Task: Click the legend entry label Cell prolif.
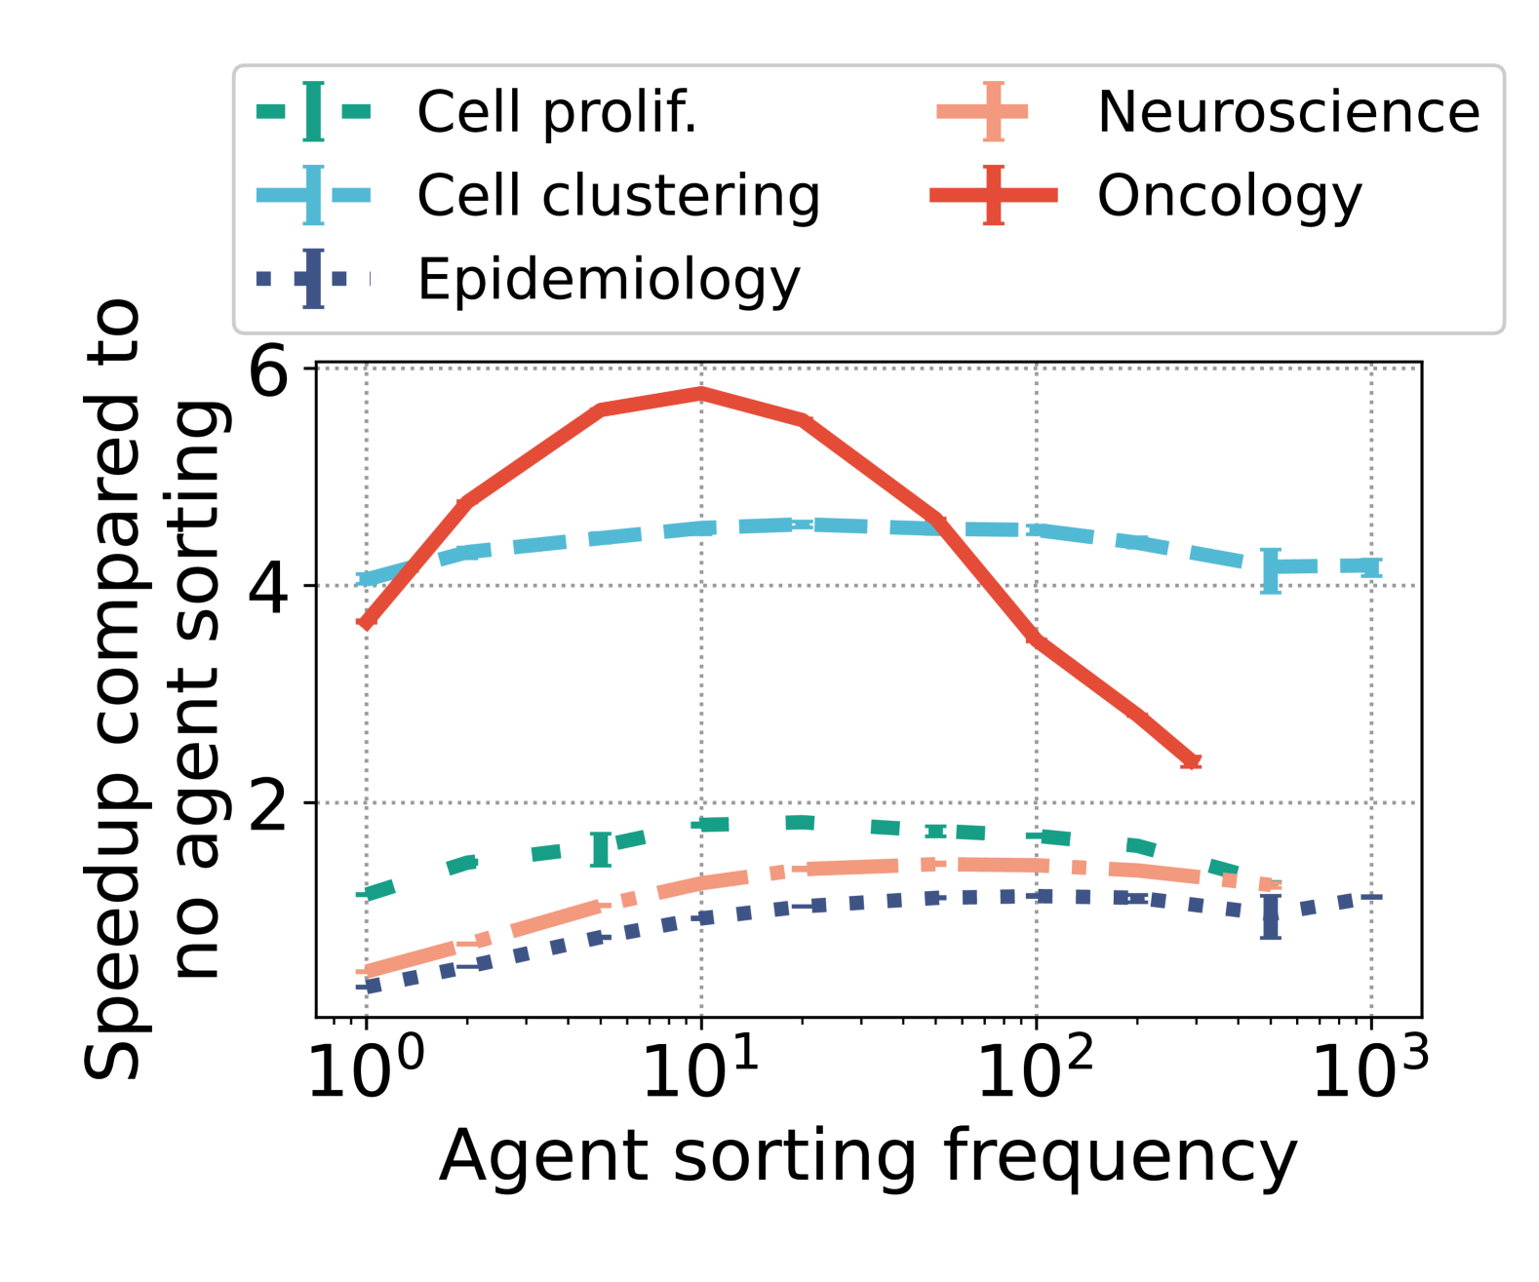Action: tap(557, 112)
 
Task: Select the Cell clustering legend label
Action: tap(618, 196)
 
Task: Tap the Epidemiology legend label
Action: tap(609, 280)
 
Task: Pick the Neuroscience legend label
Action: tap(1287, 112)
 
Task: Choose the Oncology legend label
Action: tap(1229, 196)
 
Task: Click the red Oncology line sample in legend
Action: tap(993, 196)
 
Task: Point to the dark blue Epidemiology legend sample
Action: tap(313, 280)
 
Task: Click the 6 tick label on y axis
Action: tap(270, 369)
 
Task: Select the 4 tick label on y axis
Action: tap(270, 587)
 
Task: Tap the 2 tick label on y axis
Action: tap(270, 804)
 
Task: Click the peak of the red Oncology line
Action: tap(701, 393)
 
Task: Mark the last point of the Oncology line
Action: tap(1191, 761)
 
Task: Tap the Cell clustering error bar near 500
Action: tap(1270, 570)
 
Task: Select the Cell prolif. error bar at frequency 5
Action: tap(601, 849)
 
